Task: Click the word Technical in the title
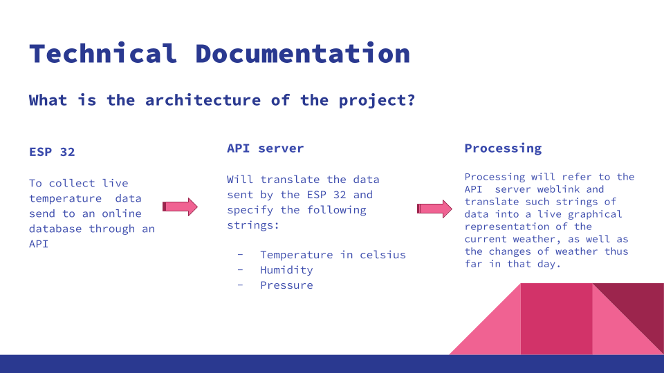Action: pos(102,53)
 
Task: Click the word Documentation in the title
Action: pos(302,53)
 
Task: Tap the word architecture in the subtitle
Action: pos(203,100)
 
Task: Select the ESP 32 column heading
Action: pos(52,152)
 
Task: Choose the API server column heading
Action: pos(265,148)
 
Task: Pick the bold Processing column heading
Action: pos(503,148)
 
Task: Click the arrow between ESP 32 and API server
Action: pos(180,207)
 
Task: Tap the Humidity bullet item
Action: pos(286,270)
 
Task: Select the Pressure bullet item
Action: pos(286,285)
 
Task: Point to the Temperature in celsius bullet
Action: pos(333,255)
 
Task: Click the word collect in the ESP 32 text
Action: pos(73,183)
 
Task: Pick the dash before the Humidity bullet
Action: pos(240,270)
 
